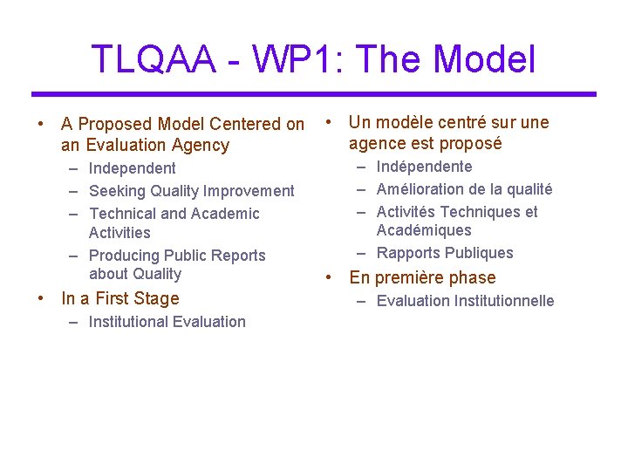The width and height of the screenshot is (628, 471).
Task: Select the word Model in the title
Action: (x=484, y=59)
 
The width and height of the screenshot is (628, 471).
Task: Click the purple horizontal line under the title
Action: (x=314, y=93)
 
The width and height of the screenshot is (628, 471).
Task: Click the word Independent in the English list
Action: (x=132, y=168)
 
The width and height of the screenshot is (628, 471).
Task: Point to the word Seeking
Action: (x=119, y=191)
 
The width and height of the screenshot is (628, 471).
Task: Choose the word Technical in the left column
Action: (x=122, y=214)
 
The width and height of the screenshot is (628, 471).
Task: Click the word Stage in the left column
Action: (x=156, y=298)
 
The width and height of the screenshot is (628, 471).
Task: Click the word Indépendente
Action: (x=424, y=167)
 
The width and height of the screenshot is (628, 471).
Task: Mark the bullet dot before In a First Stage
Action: (x=42, y=298)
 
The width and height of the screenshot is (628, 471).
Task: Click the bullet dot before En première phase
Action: (x=330, y=277)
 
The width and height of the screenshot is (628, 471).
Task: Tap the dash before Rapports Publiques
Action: (x=360, y=253)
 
